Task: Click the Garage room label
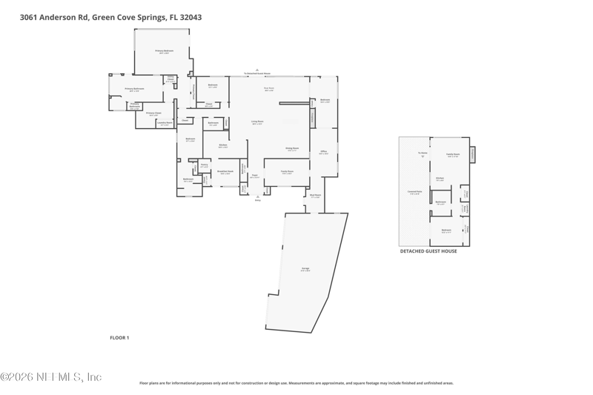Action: [x=305, y=269]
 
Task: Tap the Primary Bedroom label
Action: [x=164, y=52]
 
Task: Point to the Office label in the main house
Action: [x=323, y=153]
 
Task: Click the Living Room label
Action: [x=257, y=123]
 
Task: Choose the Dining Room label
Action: [x=292, y=149]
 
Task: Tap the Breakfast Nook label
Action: [x=225, y=172]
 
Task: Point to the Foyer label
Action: [x=254, y=176]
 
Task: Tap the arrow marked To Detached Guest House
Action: [x=257, y=72]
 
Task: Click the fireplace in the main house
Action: [x=312, y=118]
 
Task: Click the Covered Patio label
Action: [x=414, y=193]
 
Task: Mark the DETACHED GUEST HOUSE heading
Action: [x=428, y=251]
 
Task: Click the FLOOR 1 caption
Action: [x=119, y=337]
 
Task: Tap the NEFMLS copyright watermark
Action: [x=50, y=377]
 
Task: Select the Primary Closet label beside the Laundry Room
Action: [x=154, y=114]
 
